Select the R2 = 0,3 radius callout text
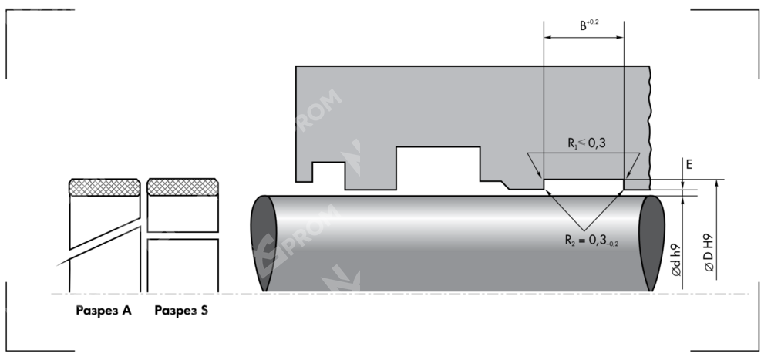click(591, 240)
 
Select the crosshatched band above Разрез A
click(105, 187)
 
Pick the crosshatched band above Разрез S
click(183, 187)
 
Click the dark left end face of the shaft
click(264, 242)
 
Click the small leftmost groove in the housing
click(328, 172)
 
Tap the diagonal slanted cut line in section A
click(105, 238)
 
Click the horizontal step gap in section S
click(183, 235)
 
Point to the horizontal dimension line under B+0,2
click(584, 38)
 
